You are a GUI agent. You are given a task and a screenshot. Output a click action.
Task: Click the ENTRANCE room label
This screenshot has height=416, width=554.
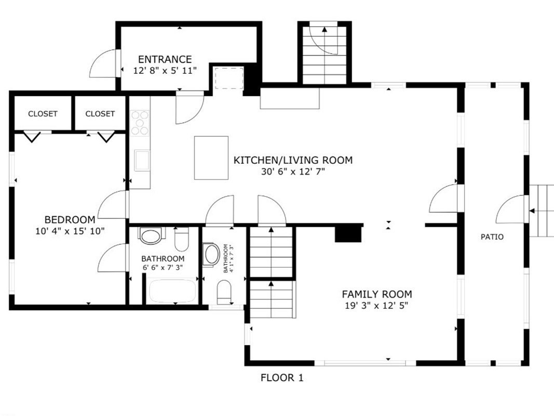tap(165, 59)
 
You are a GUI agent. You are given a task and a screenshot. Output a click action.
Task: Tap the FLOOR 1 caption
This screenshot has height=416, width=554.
tap(282, 378)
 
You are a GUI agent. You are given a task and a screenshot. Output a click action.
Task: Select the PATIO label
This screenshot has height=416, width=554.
tap(492, 237)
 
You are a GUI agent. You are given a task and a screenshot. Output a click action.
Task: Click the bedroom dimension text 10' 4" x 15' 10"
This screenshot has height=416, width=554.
tap(70, 231)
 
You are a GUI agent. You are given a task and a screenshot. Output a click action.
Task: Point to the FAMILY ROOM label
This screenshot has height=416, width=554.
tap(376, 294)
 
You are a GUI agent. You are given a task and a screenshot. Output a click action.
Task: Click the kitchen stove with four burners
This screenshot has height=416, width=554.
tap(140, 123)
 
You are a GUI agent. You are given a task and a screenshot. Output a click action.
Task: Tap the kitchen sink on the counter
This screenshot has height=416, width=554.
tap(142, 160)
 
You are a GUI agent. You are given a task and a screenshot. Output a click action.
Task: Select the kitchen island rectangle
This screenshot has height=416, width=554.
tap(211, 158)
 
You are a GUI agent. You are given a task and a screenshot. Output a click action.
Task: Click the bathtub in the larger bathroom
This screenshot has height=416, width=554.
tap(172, 291)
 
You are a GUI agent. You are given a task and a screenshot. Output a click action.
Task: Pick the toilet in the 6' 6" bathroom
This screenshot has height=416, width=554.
tap(182, 239)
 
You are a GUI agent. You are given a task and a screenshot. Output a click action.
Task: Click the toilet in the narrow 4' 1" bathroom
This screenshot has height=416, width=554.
tap(224, 292)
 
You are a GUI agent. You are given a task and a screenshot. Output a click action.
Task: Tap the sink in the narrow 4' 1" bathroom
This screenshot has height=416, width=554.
tap(211, 255)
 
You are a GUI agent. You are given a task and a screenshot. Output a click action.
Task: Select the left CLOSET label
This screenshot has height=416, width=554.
tap(43, 113)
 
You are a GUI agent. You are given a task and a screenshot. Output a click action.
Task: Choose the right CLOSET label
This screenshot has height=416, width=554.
tap(100, 113)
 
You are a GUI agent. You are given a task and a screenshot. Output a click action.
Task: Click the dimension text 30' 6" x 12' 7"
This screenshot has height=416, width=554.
tap(293, 172)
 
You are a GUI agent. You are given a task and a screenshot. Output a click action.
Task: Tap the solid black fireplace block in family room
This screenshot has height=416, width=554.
tap(348, 233)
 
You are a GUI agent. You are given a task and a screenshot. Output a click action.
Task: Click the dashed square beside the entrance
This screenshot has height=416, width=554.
tap(229, 77)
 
